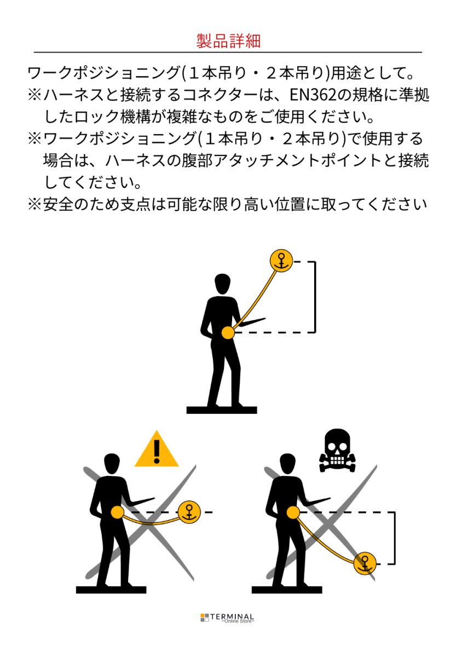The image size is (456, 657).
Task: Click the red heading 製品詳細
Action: (228, 41)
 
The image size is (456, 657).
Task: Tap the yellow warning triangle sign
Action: (157, 449)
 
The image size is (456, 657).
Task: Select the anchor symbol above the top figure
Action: (281, 261)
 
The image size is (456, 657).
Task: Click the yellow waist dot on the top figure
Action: (228, 333)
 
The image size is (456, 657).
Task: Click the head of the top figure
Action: (222, 284)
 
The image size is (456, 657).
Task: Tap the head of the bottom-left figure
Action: (112, 463)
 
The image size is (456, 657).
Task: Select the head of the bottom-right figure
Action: (287, 463)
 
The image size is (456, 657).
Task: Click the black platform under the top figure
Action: (222, 410)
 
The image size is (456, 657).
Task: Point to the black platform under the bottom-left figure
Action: (111, 590)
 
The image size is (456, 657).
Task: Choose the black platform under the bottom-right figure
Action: (287, 590)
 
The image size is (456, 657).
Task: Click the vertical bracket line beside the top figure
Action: (315, 297)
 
